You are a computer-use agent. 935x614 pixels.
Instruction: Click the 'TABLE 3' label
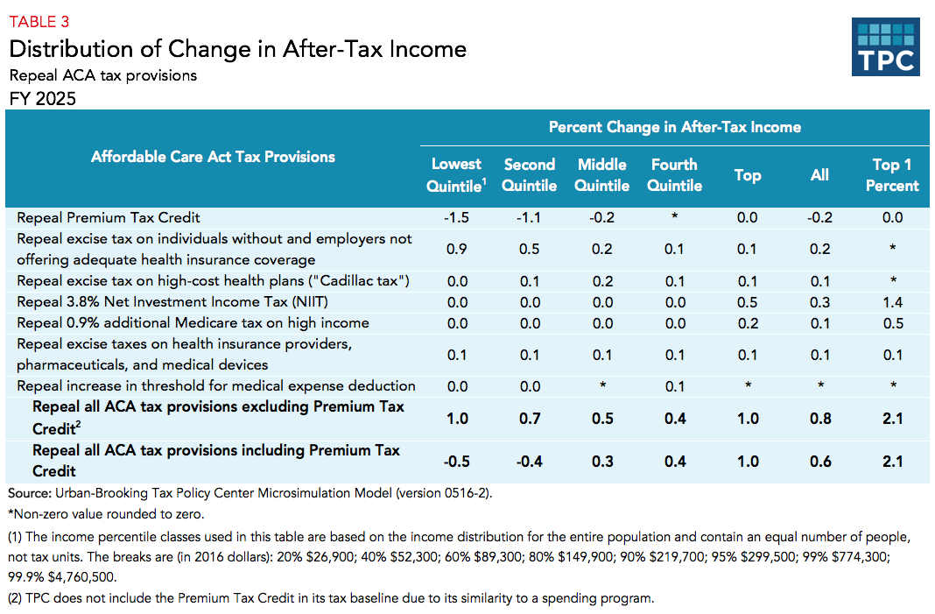click(39, 22)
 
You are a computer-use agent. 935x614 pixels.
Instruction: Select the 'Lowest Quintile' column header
click(455, 175)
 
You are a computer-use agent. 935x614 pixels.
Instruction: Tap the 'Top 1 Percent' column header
click(892, 175)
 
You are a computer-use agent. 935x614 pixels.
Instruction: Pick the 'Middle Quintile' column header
click(602, 175)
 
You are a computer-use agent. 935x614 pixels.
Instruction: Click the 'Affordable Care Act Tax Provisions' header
click(213, 157)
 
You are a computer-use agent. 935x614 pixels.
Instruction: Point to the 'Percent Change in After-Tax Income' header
click(674, 127)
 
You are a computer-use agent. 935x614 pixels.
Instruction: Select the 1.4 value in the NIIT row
click(892, 301)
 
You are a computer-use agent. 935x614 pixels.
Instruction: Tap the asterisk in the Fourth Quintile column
click(675, 217)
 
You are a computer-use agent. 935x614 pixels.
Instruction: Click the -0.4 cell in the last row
click(530, 462)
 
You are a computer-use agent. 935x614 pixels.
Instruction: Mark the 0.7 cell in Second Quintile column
click(530, 419)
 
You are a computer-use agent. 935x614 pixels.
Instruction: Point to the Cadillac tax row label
click(213, 280)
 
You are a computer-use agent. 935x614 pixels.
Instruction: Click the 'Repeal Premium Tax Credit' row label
click(109, 217)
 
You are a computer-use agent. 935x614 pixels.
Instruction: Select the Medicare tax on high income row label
click(193, 322)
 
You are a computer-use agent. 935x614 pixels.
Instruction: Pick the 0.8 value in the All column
click(819, 419)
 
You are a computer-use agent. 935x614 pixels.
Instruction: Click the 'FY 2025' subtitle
click(42, 98)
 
